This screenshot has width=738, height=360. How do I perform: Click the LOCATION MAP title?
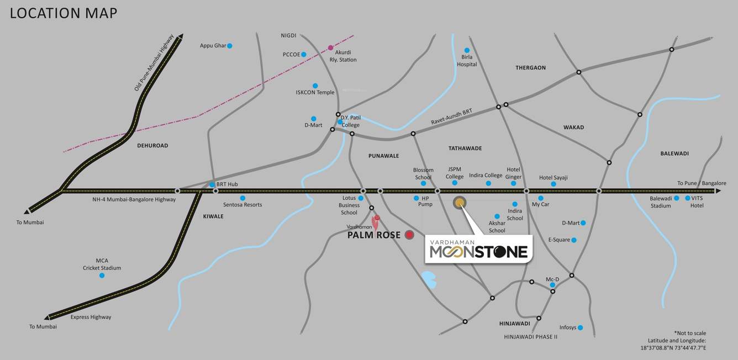(64, 13)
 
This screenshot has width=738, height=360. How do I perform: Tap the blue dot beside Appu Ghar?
(230, 45)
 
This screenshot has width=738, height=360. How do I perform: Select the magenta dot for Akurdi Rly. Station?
(331, 47)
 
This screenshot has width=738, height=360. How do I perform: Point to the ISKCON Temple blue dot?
(315, 86)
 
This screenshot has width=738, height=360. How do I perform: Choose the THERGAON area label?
(530, 68)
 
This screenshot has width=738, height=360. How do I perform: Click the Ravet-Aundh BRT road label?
(452, 118)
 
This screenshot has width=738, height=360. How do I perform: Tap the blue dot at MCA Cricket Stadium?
(102, 275)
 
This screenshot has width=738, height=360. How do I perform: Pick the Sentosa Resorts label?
(243, 205)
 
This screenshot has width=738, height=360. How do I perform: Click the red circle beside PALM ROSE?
(409, 235)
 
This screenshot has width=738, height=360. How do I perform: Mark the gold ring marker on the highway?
(460, 203)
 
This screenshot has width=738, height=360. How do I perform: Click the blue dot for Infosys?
(581, 327)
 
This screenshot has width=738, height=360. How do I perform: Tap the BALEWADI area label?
(674, 153)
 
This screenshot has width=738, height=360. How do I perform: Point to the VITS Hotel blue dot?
(688, 198)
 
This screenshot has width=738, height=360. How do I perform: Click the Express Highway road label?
(91, 317)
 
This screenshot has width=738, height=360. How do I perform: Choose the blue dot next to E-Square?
(574, 240)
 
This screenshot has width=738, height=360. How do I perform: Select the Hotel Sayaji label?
(553, 178)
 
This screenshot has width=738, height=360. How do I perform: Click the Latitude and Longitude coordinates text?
(673, 344)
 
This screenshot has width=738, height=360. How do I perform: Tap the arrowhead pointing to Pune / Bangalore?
(718, 191)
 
